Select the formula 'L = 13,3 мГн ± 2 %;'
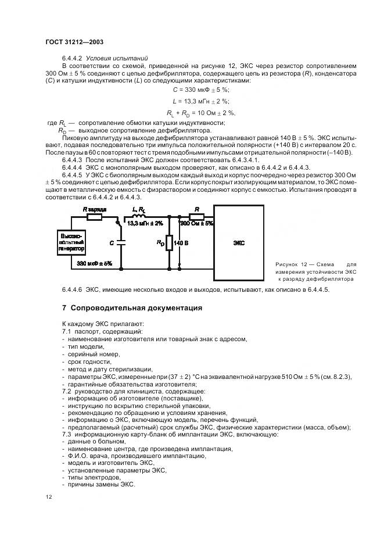tap(201, 101)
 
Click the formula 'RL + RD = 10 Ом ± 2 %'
tap(201, 112)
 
